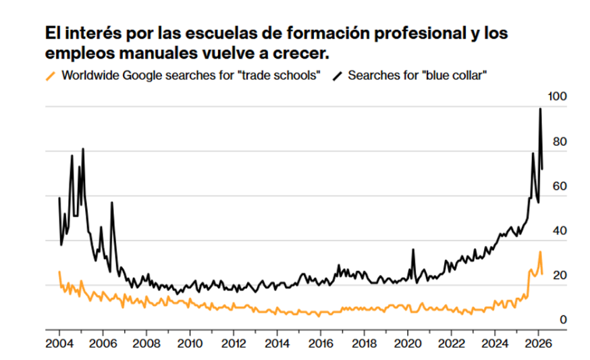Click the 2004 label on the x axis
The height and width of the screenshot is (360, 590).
(59, 343)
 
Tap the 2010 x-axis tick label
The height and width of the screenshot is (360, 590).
(190, 343)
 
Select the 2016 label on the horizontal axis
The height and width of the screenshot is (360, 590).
(321, 343)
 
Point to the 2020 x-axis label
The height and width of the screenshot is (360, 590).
(408, 343)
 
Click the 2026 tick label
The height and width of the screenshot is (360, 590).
(538, 343)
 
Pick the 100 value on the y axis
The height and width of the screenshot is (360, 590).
(558, 97)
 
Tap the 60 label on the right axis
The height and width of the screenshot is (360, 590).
(560, 186)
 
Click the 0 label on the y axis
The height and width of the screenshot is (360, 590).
(563, 319)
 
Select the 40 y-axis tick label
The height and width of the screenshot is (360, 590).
(560, 230)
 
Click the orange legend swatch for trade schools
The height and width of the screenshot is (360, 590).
(51, 76)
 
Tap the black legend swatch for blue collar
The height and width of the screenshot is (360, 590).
(337, 76)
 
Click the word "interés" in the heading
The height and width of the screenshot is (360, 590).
(93, 33)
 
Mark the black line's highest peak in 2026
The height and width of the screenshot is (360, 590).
(540, 109)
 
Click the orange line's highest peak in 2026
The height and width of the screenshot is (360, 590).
(540, 251)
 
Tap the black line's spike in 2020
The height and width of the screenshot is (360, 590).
(413, 249)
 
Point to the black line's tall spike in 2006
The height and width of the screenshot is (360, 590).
(112, 203)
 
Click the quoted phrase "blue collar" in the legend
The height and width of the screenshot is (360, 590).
(454, 76)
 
